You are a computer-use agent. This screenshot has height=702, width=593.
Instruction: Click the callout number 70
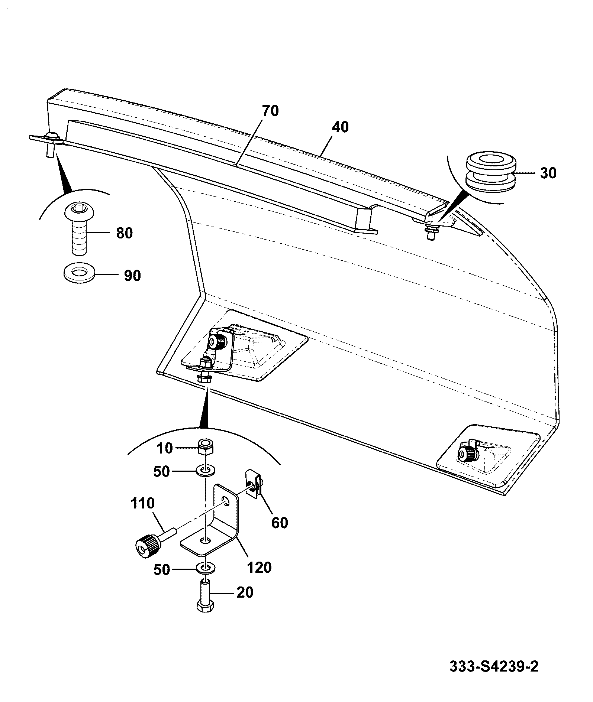tap(270, 111)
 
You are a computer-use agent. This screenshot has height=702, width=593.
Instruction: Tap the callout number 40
tap(340, 127)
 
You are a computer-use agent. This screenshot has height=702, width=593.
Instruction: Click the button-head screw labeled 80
tap(79, 230)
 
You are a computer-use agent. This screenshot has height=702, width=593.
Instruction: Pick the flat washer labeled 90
tap(78, 273)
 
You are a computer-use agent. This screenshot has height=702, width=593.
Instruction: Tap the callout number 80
tap(124, 233)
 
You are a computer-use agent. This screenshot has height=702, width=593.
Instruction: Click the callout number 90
tap(132, 276)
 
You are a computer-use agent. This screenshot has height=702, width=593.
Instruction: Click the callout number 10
tap(165, 448)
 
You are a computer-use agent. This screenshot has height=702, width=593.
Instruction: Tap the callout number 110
tap(142, 503)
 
